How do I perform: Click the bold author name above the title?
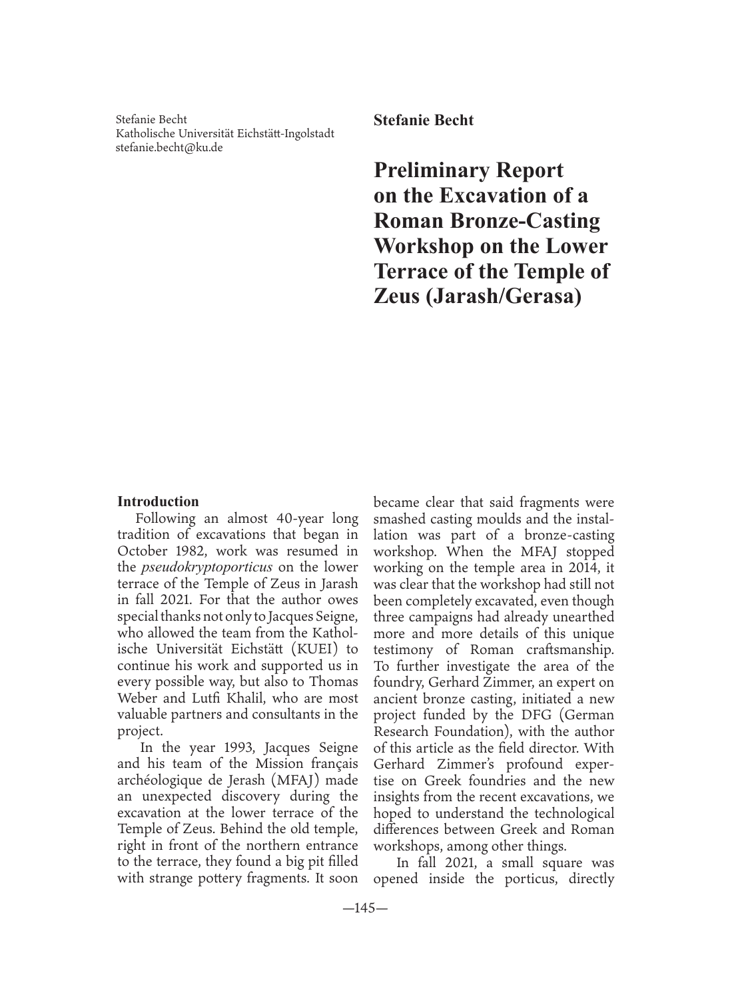coord(423,121)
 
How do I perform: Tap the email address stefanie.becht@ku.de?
coord(169,147)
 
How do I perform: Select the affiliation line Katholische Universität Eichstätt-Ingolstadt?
coord(225,133)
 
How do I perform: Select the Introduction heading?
coord(158,501)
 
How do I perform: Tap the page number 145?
coord(364,908)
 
